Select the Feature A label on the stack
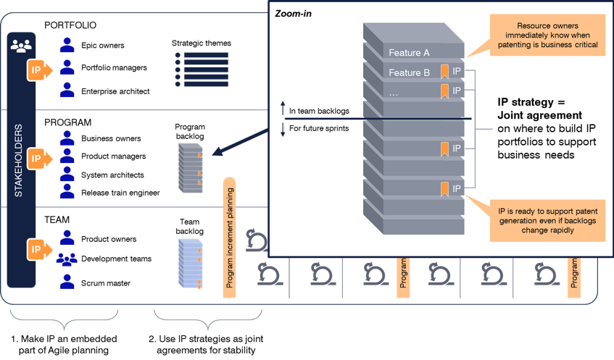coord(409,53)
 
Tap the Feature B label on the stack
coord(409,72)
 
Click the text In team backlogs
coord(318,111)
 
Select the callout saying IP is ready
coord(547,219)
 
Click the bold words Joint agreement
coord(539,114)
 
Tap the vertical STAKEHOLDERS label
coord(20,160)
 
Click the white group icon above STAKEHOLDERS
coord(21,46)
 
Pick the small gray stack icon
coord(190,167)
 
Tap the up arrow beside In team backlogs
coord(283,111)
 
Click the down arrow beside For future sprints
coord(283,129)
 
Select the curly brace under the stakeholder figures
coord(64,319)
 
